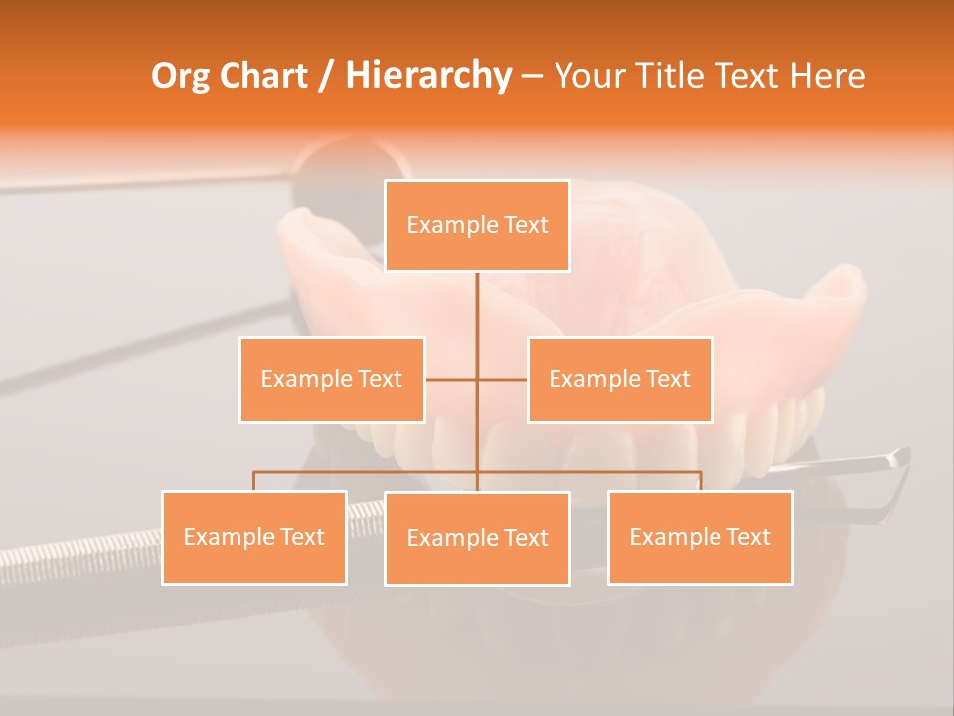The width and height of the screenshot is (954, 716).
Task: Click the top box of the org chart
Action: coord(477,226)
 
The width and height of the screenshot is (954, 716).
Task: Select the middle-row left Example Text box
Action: coord(332,379)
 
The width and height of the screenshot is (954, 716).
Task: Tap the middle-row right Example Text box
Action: coord(619,379)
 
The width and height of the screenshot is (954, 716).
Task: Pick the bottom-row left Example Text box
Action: coord(254,537)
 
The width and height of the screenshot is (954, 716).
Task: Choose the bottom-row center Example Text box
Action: coord(477,538)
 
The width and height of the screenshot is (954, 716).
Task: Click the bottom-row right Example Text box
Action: coord(700,537)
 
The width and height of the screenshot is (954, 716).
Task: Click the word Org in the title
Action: coord(180,76)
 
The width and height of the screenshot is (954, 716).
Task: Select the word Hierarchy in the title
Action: coord(428,76)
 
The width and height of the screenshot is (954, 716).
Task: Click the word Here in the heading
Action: coord(827,76)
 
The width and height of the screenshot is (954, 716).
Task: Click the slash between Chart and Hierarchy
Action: coord(325,76)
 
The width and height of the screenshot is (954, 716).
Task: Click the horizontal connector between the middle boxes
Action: coord(452,379)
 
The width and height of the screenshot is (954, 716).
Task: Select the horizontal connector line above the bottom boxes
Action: coord(368,472)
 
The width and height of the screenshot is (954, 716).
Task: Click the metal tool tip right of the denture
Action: coord(889,459)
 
